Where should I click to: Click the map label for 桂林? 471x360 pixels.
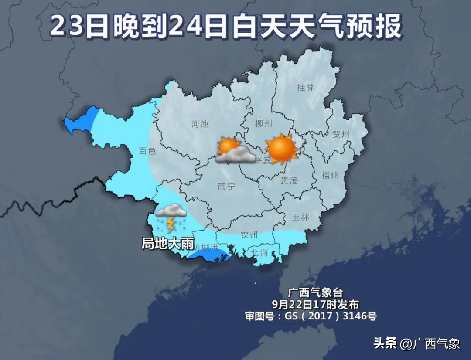coord(305,88)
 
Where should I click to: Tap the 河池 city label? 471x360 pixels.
coord(200,124)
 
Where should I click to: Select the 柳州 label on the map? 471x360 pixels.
coord(263,124)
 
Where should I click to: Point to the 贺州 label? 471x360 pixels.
coord(341,135)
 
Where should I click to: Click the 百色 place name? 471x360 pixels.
coord(147,151)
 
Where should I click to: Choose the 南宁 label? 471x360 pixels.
coord(226,187)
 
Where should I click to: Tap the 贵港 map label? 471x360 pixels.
coord(289,180)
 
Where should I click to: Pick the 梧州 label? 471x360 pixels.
coord(330,175)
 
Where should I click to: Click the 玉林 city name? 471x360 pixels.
coord(300,217)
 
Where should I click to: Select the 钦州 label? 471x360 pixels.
coord(249,235)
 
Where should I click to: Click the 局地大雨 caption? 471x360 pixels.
coord(167,243)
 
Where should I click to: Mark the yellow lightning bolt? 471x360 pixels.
coord(171,225)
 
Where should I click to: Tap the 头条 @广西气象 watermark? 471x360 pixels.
coord(417,343)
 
